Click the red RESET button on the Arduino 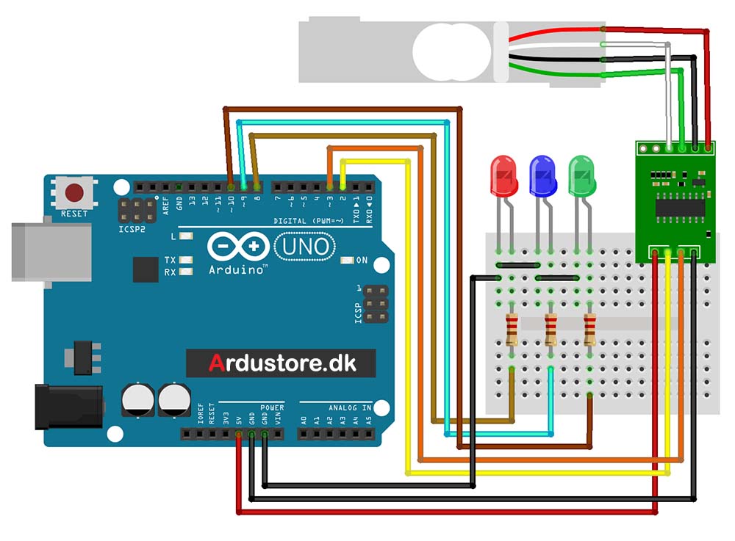point(75,194)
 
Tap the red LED point(502,175)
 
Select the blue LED point(542,175)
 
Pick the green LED point(581,175)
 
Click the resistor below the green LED point(589,330)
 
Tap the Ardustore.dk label point(282,363)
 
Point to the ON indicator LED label point(361,261)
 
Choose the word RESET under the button point(74,214)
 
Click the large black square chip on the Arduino point(146,269)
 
